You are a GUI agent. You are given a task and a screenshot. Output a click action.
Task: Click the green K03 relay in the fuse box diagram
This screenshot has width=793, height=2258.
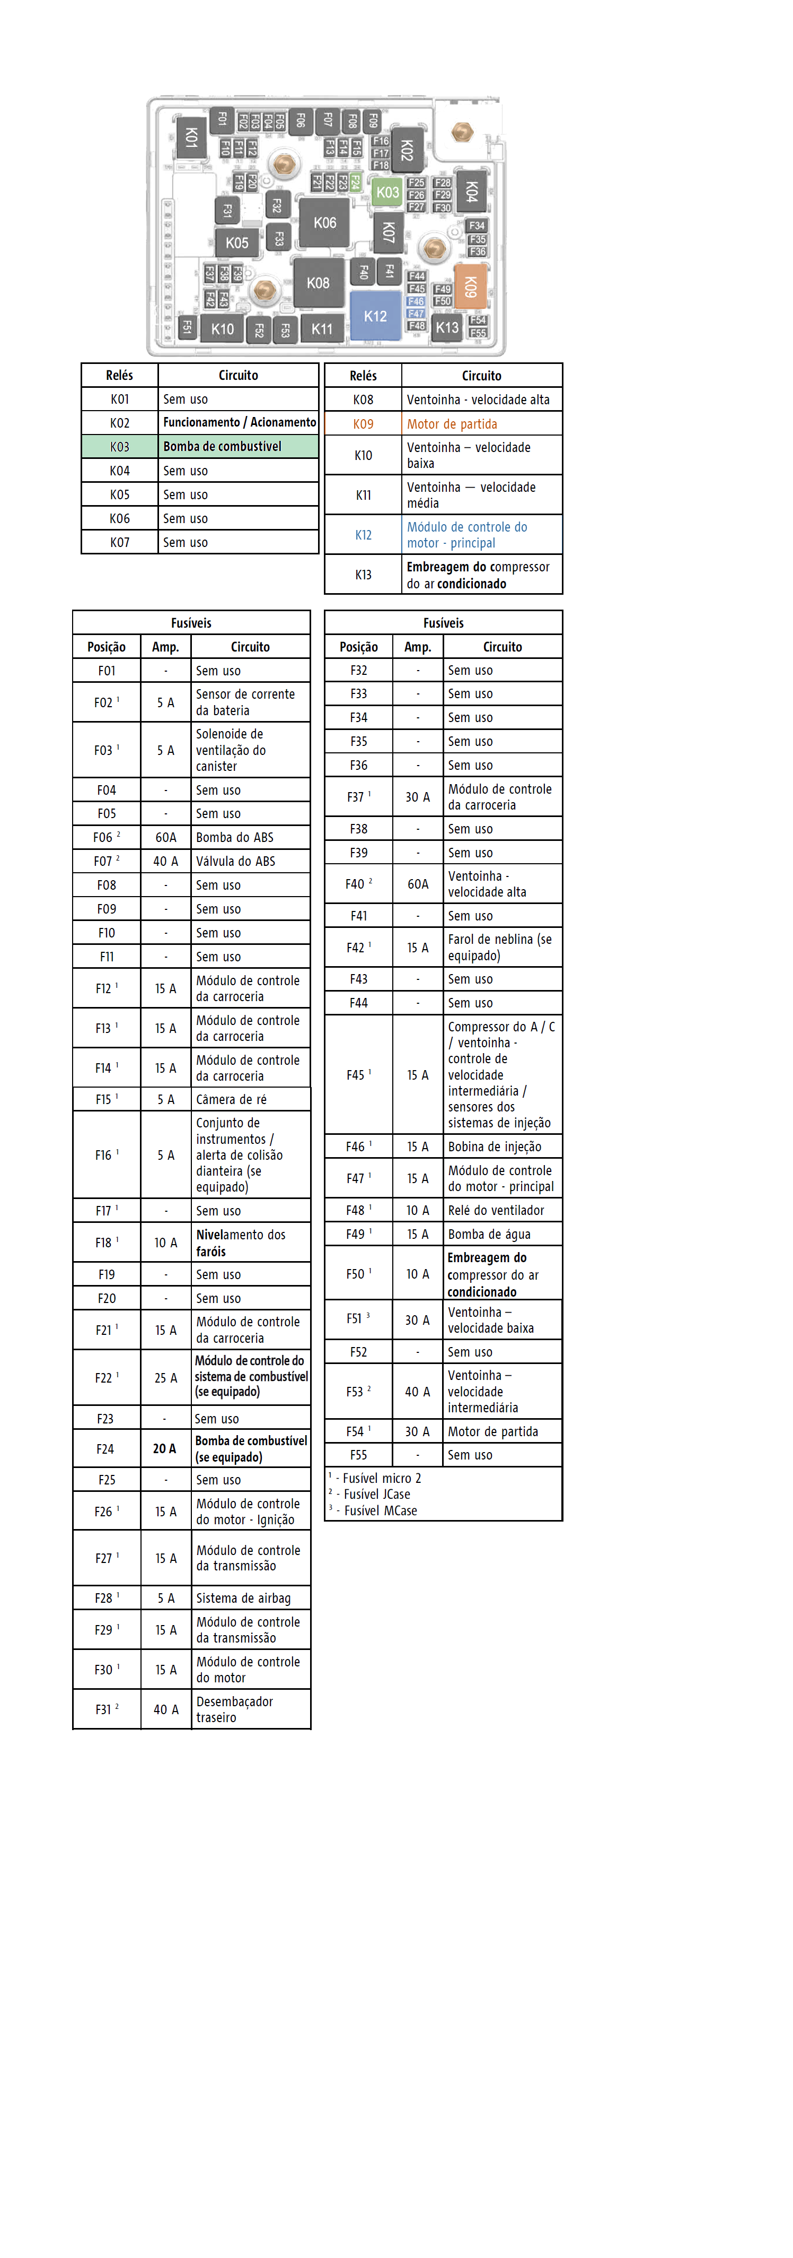tap(386, 192)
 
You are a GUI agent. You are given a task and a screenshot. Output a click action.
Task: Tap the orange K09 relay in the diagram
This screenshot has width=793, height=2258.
tap(470, 286)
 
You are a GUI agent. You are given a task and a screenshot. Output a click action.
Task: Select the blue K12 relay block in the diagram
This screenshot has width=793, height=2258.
tap(375, 316)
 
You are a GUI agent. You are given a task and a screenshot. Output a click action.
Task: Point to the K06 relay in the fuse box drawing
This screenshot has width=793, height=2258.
tap(324, 223)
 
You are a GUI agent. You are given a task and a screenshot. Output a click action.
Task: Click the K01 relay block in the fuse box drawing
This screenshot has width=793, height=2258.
tap(190, 137)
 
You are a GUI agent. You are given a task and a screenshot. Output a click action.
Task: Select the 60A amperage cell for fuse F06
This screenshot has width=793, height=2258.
tap(165, 837)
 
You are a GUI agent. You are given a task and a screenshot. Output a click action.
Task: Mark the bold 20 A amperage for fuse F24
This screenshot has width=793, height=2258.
tap(165, 1449)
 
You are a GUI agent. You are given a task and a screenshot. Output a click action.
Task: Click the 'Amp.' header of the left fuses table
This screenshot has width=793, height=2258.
tap(165, 647)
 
